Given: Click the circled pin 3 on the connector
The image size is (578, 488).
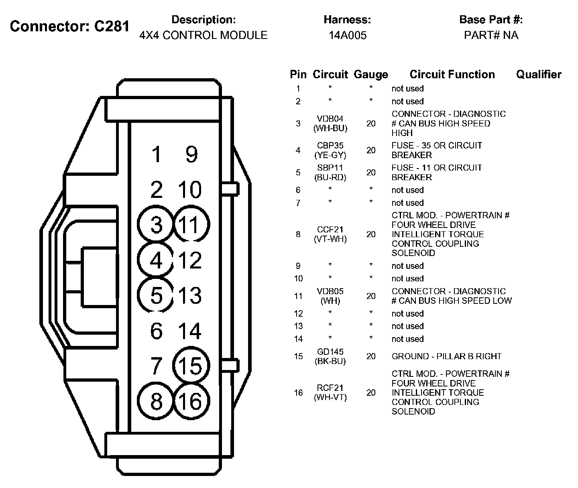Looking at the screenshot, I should pos(156,224).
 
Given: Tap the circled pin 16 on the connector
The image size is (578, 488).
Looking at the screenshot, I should pos(191,401).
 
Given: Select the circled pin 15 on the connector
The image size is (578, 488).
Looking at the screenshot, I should pos(191,366).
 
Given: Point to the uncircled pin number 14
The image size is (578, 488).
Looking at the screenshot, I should pos(189,331).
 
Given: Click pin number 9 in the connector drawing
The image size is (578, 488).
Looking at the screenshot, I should pos(191,155).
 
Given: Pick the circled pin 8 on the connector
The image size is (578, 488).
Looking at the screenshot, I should pos(156,401).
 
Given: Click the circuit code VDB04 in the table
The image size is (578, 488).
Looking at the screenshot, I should pos(330,119).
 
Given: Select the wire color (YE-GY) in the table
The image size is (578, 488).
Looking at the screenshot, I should pos(330,155).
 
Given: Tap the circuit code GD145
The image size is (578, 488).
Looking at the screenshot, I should pos(330,352).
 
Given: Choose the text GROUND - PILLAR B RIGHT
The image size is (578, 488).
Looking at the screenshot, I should pos(446,356).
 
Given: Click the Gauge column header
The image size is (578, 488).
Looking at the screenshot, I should pos(371,75).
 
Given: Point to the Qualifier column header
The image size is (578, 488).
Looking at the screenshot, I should pos(539,74).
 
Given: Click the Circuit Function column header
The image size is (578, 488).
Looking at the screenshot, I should pos(452,74).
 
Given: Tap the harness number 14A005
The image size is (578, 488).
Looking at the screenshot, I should pos(348,35).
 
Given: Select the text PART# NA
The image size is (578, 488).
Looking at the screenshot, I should pos(491,35).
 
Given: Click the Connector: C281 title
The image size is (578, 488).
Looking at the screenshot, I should pos(70,26).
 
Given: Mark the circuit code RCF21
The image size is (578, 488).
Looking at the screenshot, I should pos(330,388).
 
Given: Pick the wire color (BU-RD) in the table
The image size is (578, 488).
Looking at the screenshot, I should pos(330,177).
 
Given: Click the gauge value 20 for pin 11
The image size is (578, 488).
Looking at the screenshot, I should pos(371,296).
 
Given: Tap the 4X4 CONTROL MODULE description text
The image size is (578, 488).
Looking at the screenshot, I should pos(204,35).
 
